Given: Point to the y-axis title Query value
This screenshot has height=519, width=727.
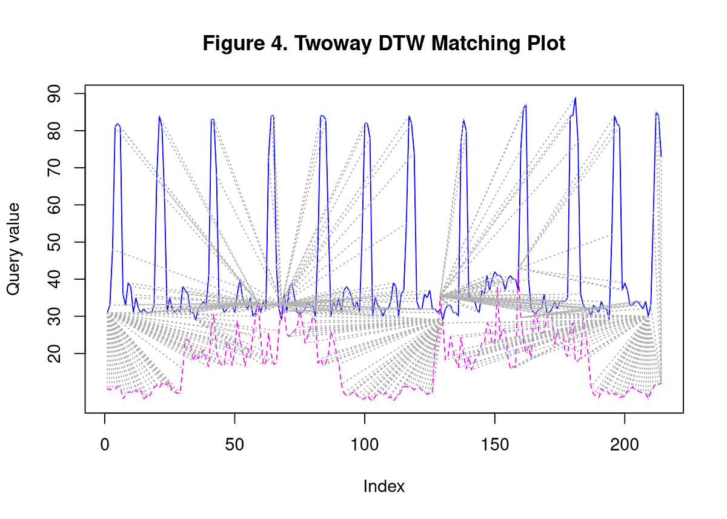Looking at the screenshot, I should (x=13, y=249).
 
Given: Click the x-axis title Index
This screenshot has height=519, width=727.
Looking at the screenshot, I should (x=384, y=486).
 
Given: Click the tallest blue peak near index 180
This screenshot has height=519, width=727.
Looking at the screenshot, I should (x=575, y=98).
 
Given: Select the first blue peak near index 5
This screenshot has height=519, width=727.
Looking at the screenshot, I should (x=118, y=124).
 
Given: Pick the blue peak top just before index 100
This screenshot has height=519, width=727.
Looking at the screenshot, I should (x=366, y=124).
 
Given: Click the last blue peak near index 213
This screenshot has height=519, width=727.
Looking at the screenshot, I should (x=656, y=113).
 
